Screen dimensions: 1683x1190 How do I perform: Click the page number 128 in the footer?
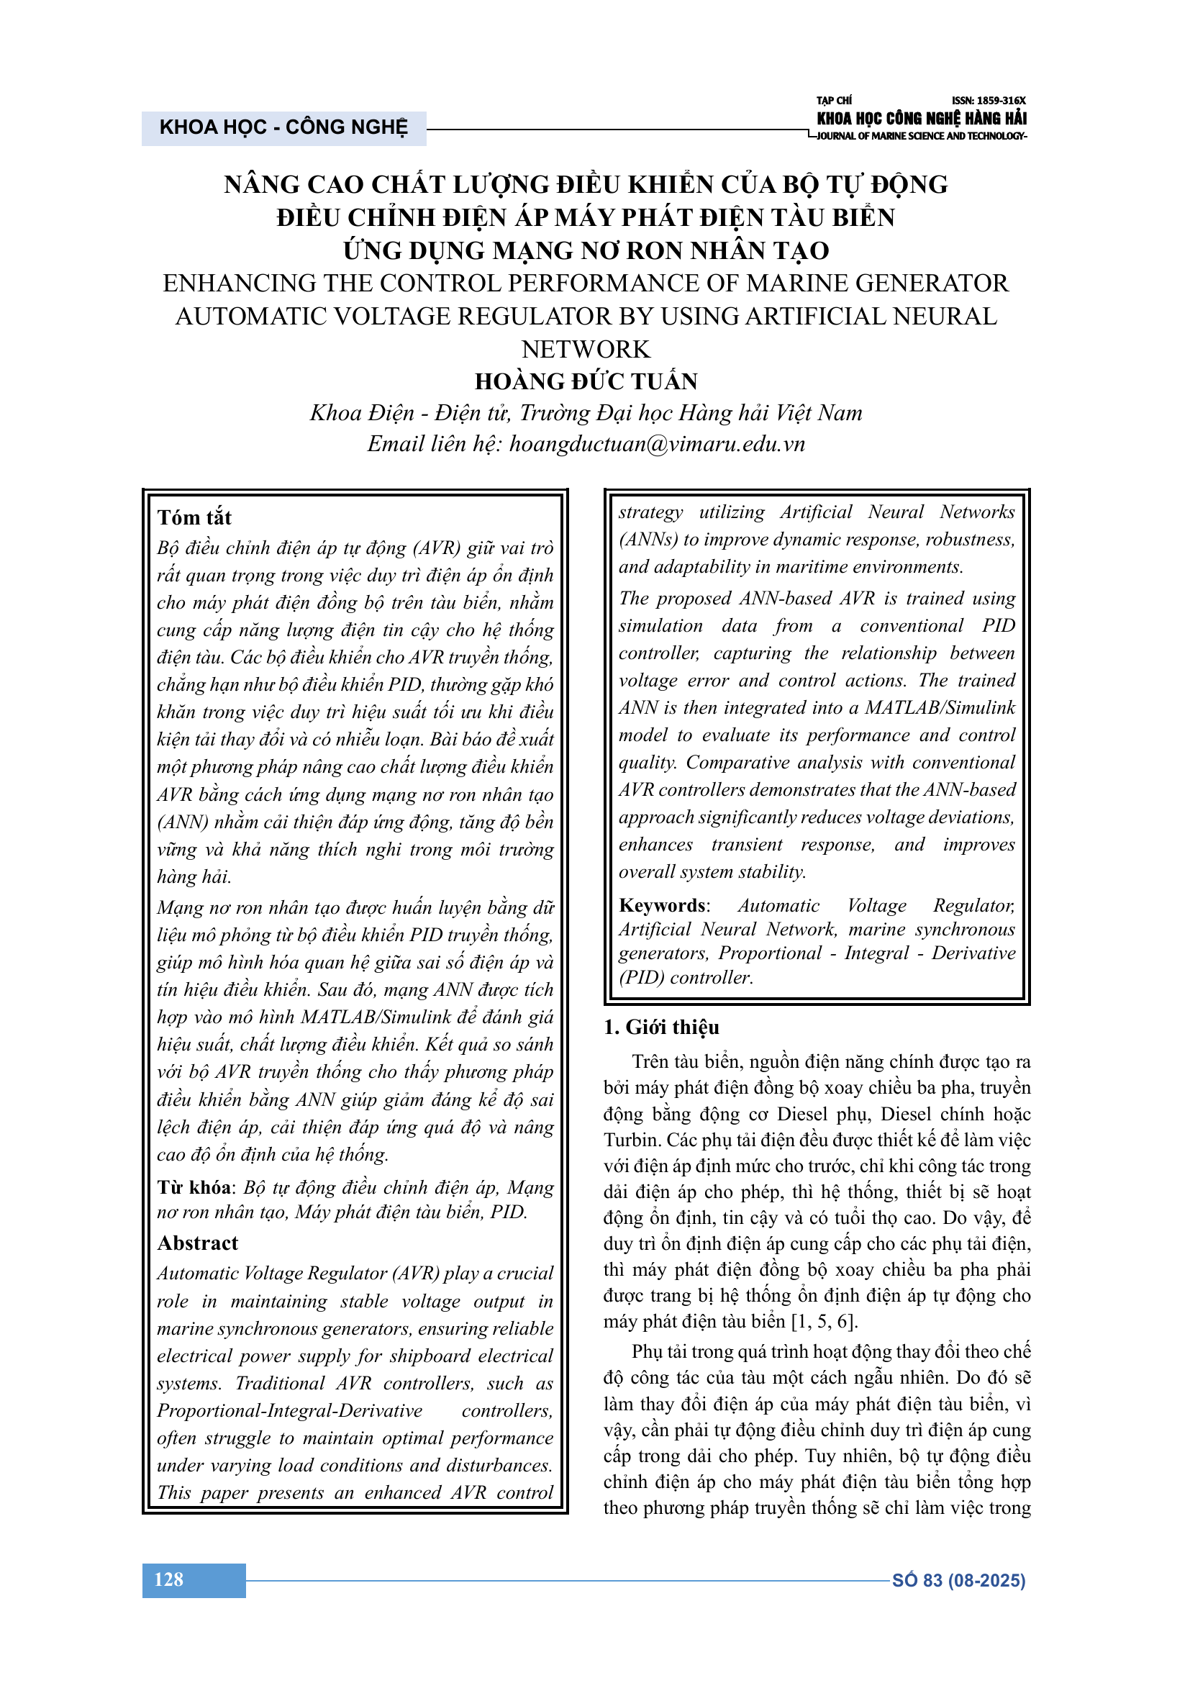pos(168,1579)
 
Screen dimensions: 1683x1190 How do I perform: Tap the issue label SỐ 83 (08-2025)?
pos(958,1580)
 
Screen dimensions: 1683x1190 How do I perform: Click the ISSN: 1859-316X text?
pos(989,101)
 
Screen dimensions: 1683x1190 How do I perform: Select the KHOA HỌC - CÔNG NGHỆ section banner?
pos(283,127)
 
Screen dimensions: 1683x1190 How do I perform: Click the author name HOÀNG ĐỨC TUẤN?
pos(586,381)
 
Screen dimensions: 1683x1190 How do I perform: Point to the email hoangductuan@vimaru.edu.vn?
pos(658,443)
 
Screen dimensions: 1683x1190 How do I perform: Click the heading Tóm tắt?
pos(194,517)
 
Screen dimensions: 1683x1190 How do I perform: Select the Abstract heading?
pos(198,1243)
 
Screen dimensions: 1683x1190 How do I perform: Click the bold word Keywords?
pos(663,905)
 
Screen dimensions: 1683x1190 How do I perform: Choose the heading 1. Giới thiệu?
pos(661,1027)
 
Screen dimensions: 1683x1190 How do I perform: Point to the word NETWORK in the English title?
pos(586,349)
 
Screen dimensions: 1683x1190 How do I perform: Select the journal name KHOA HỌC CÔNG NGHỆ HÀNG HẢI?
pos(921,118)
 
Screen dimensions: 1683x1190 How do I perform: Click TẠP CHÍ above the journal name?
pos(834,101)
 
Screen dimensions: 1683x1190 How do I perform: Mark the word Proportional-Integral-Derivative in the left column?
pos(289,1411)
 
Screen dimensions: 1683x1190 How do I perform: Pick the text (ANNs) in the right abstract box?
pos(648,540)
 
